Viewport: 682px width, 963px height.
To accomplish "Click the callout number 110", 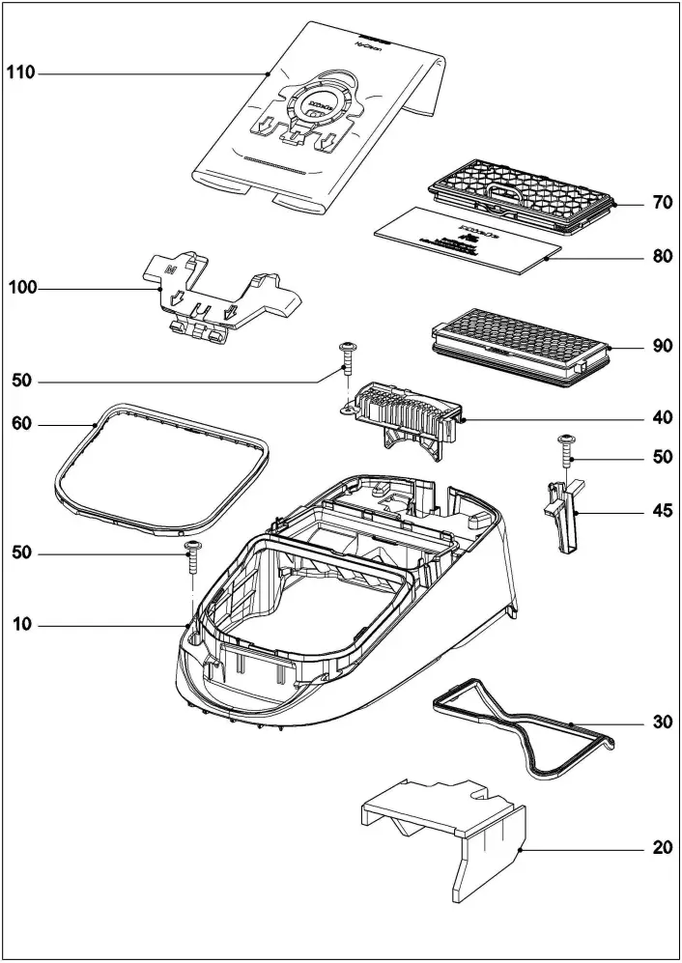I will [21, 73].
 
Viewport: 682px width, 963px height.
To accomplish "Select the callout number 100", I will [21, 288].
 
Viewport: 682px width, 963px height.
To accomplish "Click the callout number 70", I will [662, 204].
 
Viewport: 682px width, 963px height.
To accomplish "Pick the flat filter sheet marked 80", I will [464, 241].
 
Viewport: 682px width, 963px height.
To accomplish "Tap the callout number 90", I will [662, 346].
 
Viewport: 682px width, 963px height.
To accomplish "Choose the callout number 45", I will [662, 513].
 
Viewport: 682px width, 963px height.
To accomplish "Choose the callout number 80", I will [662, 258].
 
